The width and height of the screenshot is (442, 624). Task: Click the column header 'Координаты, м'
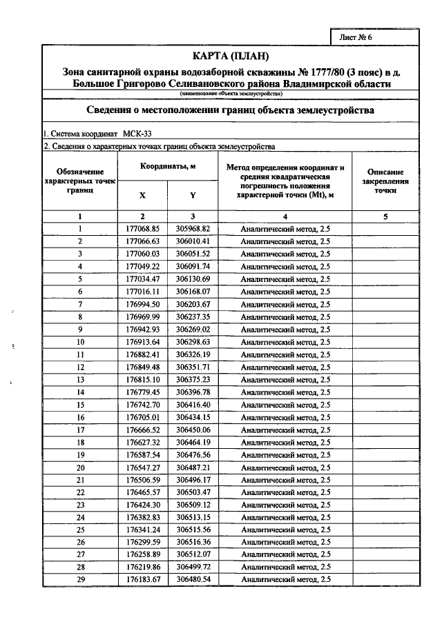pyautogui.click(x=169, y=167)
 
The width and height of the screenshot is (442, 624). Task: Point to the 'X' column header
pyautogui.click(x=143, y=195)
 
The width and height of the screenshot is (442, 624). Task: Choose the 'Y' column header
pyautogui.click(x=193, y=195)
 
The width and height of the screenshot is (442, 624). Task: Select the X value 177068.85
pyautogui.click(x=143, y=228)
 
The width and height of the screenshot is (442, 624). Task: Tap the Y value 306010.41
pyautogui.click(x=193, y=241)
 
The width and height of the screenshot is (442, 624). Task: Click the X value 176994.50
pyautogui.click(x=143, y=304)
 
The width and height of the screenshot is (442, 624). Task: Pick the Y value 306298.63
pyautogui.click(x=193, y=342)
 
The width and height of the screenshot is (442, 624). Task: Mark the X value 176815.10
pyautogui.click(x=143, y=380)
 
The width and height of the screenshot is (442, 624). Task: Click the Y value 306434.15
pyautogui.click(x=193, y=417)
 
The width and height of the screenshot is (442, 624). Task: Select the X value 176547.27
pyautogui.click(x=143, y=467)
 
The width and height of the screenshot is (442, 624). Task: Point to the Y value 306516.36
pyautogui.click(x=193, y=543)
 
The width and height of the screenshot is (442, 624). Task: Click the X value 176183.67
pyautogui.click(x=143, y=580)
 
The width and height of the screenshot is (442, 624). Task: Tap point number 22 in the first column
pyautogui.click(x=81, y=492)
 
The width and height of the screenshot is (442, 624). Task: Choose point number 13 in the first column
pyautogui.click(x=81, y=380)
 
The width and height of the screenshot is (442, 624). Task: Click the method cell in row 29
pyautogui.click(x=285, y=580)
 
